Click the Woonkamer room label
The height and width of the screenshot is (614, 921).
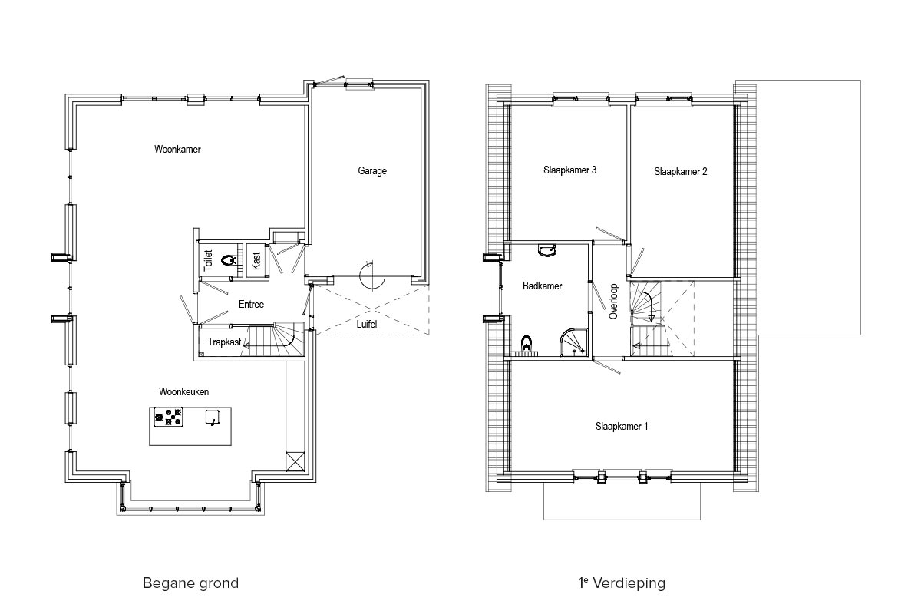click(177, 150)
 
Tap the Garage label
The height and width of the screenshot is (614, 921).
click(372, 170)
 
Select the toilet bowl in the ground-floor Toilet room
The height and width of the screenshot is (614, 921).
click(228, 260)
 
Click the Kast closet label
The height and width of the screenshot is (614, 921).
click(256, 261)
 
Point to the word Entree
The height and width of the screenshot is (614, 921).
click(251, 305)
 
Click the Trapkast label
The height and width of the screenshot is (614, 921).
click(224, 342)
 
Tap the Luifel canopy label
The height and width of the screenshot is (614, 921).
click(366, 324)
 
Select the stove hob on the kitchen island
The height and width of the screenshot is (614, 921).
click(169, 417)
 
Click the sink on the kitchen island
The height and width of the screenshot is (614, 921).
click(212, 417)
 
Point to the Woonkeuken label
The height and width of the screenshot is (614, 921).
click(183, 392)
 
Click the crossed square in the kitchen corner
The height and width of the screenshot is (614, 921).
click(295, 461)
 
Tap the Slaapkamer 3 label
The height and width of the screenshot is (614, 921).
click(569, 170)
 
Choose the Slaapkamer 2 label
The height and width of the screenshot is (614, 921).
click(681, 171)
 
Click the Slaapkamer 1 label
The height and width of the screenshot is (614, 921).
click(622, 427)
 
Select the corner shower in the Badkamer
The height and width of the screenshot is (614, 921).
click(573, 342)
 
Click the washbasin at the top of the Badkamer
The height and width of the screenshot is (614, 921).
click(547, 250)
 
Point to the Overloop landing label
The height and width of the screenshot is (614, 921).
click(614, 301)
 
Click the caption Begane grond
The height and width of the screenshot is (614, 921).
click(190, 583)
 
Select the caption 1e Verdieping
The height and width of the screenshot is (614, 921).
click(622, 583)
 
